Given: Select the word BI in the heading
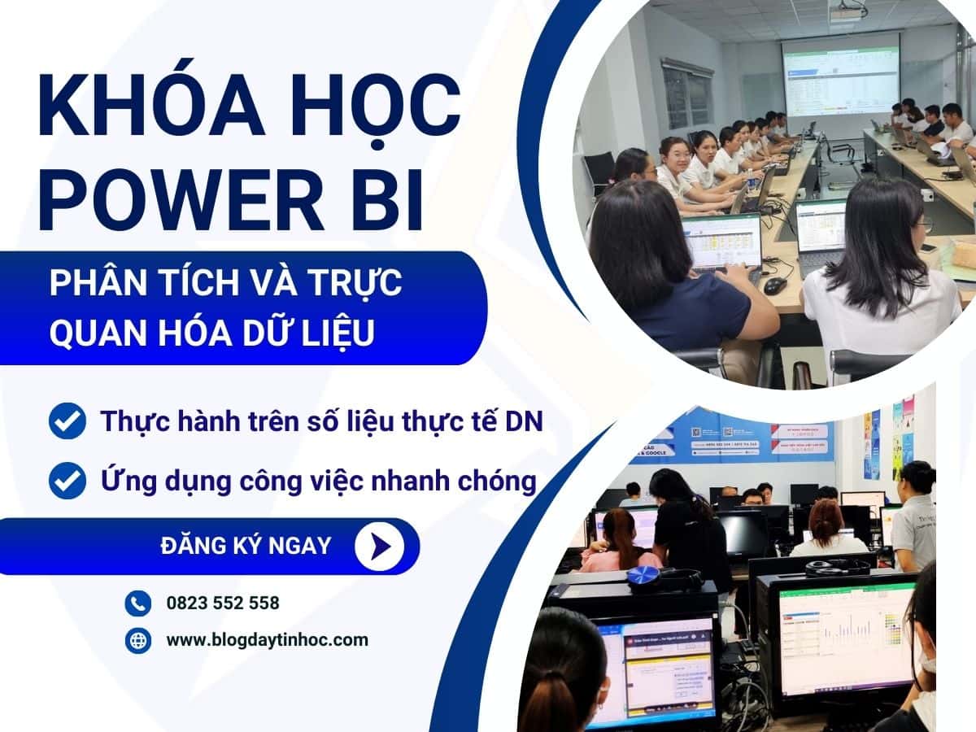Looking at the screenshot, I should click(390, 198).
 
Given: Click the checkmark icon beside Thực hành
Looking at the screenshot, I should click(68, 421).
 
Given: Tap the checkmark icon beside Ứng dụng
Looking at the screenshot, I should click(68, 480).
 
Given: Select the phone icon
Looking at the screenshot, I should click(137, 603).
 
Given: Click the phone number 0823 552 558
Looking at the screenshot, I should click(222, 603).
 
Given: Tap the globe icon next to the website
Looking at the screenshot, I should click(137, 640).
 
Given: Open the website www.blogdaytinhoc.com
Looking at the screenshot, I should click(267, 640).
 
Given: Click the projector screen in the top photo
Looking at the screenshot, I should click(840, 73).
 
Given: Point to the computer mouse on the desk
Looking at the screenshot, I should click(775, 285).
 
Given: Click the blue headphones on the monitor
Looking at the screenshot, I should click(644, 575).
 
